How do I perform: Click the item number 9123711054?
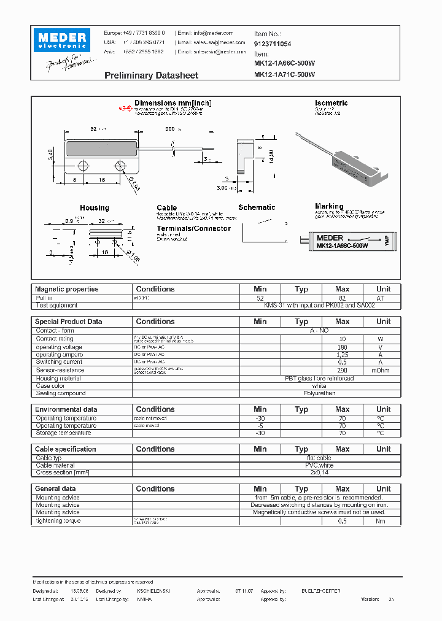coord(273,44)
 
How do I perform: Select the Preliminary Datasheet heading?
coord(151,75)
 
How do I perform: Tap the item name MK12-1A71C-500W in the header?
coord(284,75)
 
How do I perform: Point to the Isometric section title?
coord(331,103)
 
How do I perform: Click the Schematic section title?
coord(257,207)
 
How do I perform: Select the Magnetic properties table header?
coord(66,289)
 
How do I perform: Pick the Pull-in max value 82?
coord(343,298)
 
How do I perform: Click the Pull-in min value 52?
coord(260,298)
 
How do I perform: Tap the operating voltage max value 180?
coord(343,347)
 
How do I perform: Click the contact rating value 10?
coord(343,339)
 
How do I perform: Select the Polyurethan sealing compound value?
coord(319,393)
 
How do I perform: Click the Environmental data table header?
coord(66,409)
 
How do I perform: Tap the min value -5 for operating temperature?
coord(260,426)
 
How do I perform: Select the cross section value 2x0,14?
coord(319,473)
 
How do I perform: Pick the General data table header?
coord(56,489)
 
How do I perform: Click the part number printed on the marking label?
coord(342,245)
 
